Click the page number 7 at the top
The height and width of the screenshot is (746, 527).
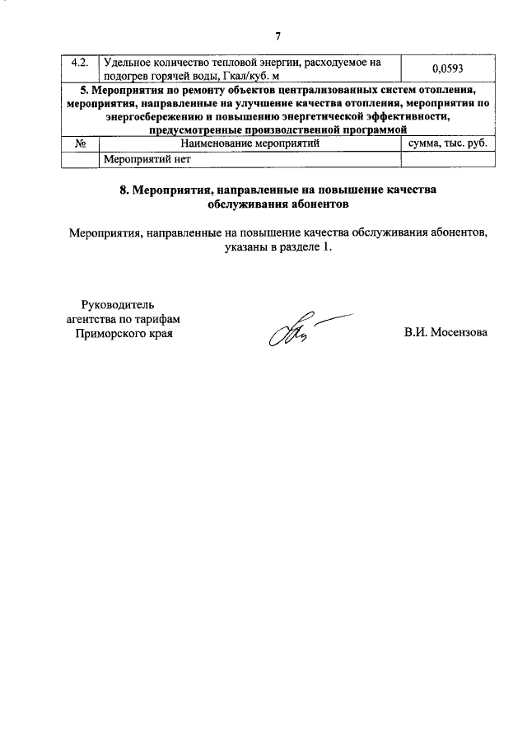277,36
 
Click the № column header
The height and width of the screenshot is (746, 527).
82,143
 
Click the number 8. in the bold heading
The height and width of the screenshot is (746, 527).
124,190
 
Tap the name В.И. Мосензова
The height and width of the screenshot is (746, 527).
445,333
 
